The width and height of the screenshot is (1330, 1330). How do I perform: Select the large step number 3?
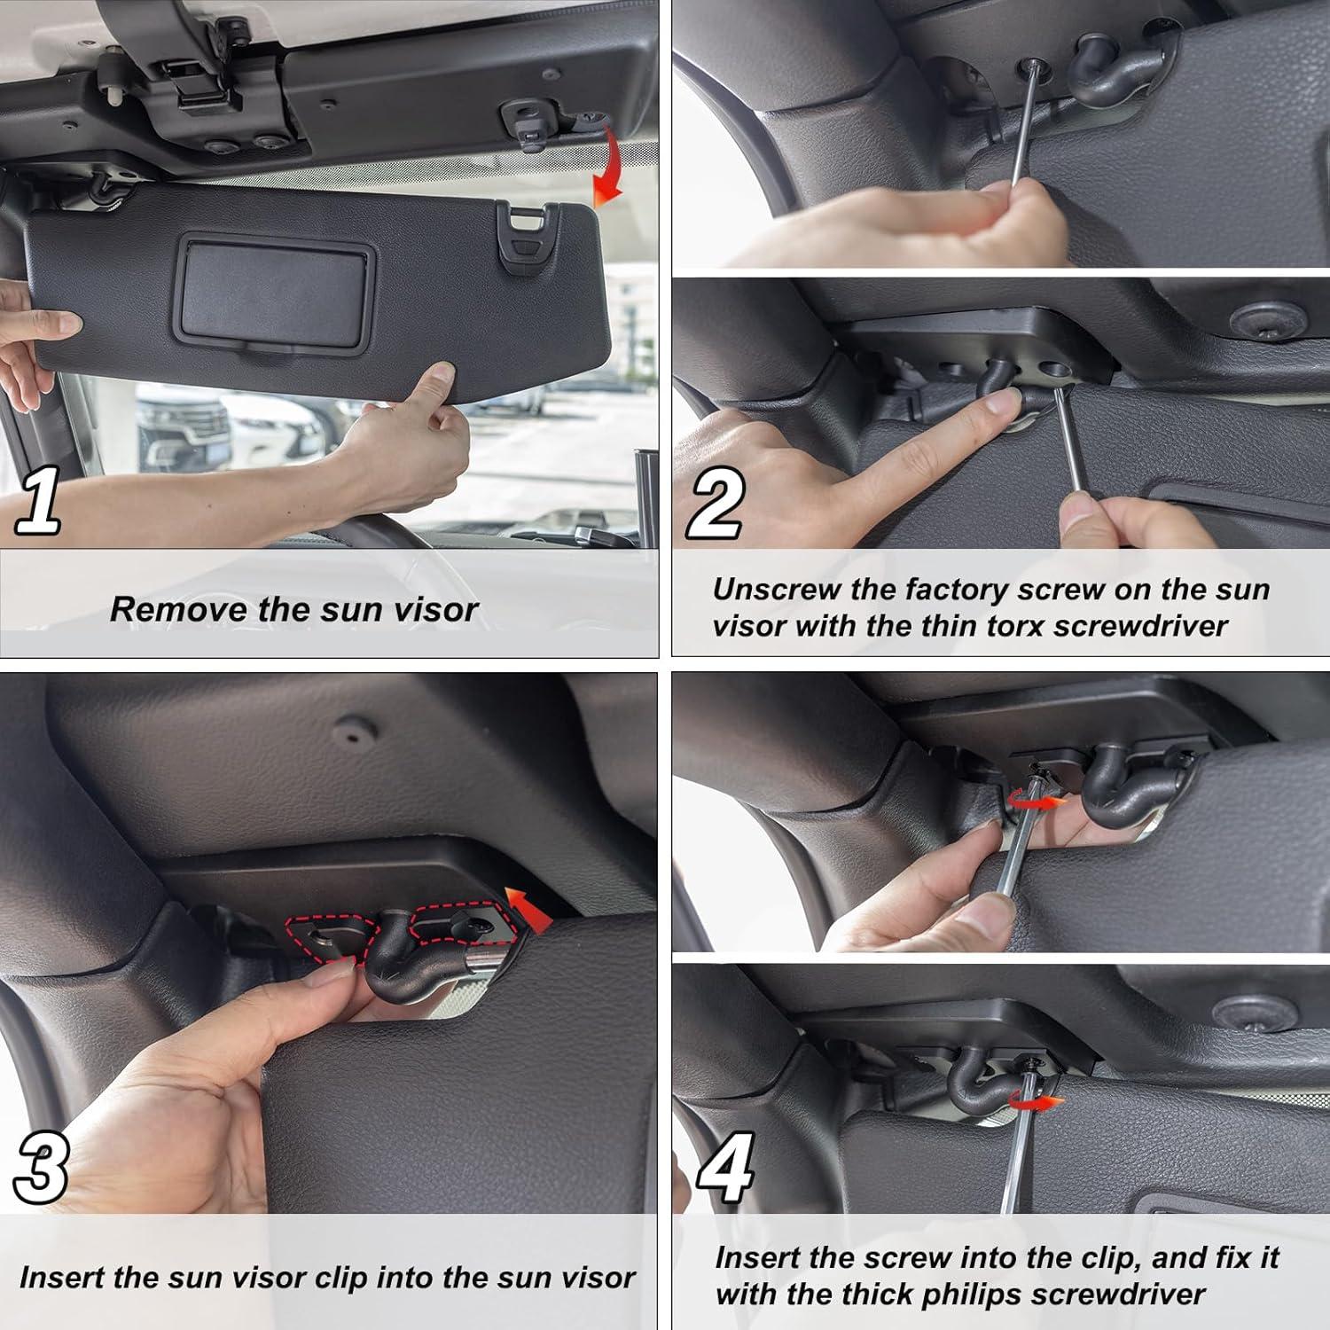click(x=40, y=1170)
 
